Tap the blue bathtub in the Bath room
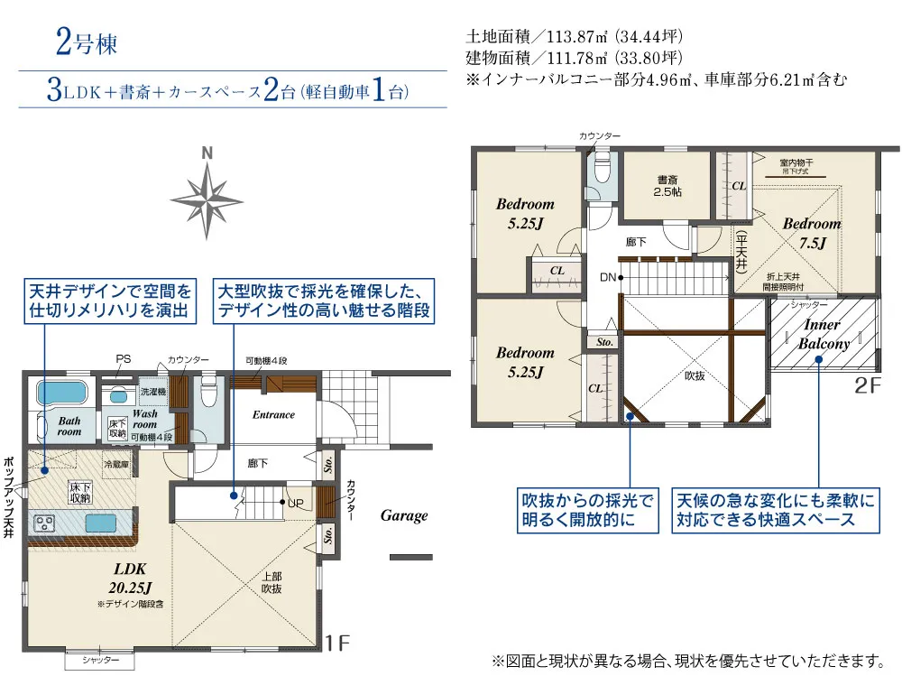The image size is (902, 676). click(x=60, y=394)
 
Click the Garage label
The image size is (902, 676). click(x=403, y=516)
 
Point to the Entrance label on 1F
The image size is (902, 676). click(x=273, y=415)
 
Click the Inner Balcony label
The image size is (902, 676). click(x=822, y=334)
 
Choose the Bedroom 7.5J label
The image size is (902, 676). click(x=811, y=232)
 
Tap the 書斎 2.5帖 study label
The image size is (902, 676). click(x=667, y=185)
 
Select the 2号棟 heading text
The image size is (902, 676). click(x=86, y=42)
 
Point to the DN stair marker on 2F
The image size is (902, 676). click(x=611, y=277)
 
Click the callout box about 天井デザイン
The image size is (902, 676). click(x=110, y=301)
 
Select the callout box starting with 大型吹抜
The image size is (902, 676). click(x=323, y=301)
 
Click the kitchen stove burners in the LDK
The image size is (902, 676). click(x=44, y=523)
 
